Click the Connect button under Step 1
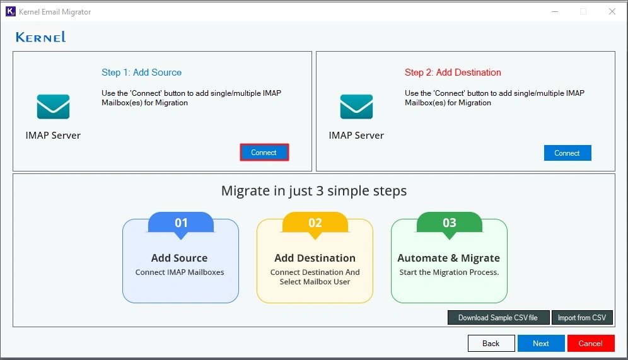click(x=264, y=153)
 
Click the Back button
click(x=491, y=343)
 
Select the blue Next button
click(x=540, y=343)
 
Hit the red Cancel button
click(x=590, y=343)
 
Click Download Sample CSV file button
click(x=497, y=318)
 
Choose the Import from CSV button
click(x=582, y=318)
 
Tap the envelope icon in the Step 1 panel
click(x=53, y=107)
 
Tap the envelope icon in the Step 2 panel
click(x=356, y=107)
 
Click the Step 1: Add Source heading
click(x=141, y=73)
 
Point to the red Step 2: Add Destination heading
click(x=453, y=73)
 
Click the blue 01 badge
click(x=181, y=223)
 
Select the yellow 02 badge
click(x=315, y=223)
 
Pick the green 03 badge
click(x=449, y=223)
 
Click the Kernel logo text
click(x=41, y=37)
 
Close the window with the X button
click(x=612, y=11)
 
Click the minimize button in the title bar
click(x=554, y=11)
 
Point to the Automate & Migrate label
click(x=448, y=258)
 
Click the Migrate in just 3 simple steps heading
click(x=313, y=190)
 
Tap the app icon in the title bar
click(x=10, y=11)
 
